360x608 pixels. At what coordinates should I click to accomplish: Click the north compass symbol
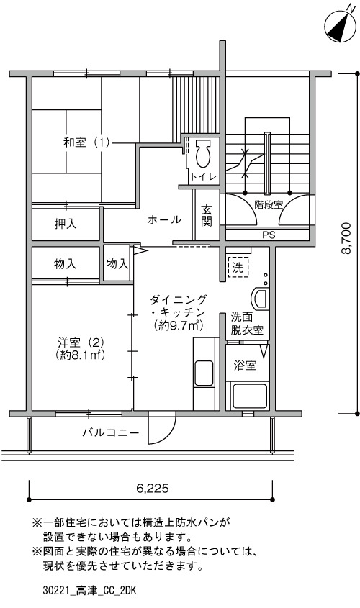[341, 24]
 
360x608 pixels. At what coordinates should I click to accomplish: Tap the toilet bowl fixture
[203, 154]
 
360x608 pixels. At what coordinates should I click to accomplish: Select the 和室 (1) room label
[87, 142]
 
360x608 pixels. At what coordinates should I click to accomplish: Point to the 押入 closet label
[66, 224]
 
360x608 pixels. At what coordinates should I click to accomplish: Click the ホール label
[164, 220]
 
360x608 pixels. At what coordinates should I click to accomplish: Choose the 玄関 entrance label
[207, 216]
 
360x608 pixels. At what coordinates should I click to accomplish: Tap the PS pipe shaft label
[269, 235]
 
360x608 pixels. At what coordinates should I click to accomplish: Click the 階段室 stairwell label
[269, 204]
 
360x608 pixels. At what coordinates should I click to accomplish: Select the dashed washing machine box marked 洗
[238, 267]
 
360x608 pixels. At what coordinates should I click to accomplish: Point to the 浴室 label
[246, 366]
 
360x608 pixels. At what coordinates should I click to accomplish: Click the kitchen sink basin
[204, 373]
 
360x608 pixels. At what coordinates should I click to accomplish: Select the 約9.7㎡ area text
[179, 325]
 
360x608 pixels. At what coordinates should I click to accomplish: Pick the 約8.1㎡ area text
[81, 355]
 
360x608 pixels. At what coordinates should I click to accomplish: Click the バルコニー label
[111, 432]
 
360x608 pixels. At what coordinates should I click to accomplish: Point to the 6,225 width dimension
[153, 488]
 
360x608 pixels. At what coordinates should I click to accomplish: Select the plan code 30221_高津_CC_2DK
[89, 591]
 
